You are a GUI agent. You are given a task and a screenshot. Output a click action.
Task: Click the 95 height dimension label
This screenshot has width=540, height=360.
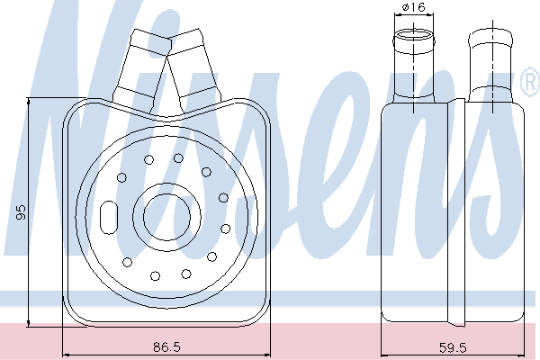point(22,212)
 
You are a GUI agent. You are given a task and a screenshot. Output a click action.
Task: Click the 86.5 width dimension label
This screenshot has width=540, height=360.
point(166,346)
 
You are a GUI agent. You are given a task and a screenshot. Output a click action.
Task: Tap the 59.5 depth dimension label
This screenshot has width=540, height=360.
point(453,347)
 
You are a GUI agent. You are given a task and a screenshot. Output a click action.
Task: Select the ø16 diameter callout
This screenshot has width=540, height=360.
point(413,7)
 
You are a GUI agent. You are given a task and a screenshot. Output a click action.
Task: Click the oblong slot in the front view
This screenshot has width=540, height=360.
point(109,218)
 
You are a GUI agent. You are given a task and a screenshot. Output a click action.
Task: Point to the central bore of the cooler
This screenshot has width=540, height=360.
point(166,217)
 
